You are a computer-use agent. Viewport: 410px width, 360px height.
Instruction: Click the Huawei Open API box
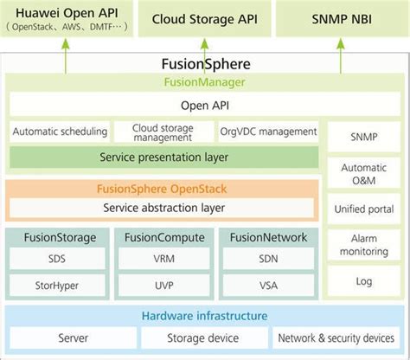click(67, 18)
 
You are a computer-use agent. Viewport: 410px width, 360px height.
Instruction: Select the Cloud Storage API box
click(205, 18)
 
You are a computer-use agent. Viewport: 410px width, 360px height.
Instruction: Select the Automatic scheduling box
click(60, 132)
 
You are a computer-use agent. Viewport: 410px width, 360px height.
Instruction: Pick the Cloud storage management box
click(163, 132)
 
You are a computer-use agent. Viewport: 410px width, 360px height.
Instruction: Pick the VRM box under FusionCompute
click(163, 259)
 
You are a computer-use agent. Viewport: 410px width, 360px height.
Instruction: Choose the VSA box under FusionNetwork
click(267, 284)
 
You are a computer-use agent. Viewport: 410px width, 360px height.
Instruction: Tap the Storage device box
click(204, 338)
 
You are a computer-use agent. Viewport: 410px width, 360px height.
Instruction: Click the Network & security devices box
click(337, 338)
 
